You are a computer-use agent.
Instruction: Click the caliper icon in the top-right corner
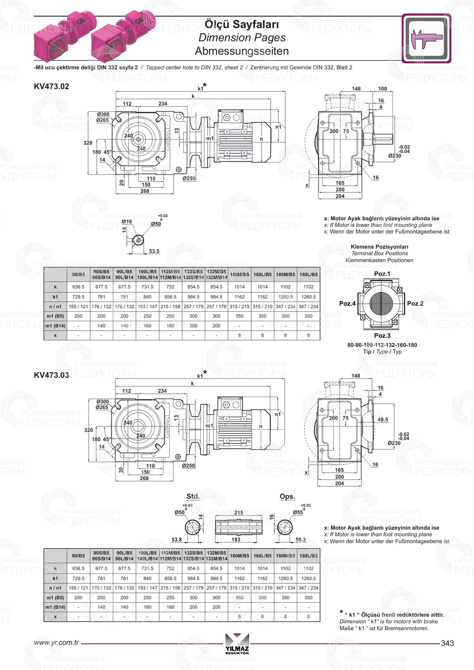pyautogui.click(x=426, y=38)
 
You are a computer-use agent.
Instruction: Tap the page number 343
pyautogui.click(x=447, y=643)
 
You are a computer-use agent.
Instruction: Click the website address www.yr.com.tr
pyautogui.click(x=56, y=643)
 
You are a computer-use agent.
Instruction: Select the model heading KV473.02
pyautogui.click(x=52, y=86)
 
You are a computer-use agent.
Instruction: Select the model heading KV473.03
pyautogui.click(x=52, y=375)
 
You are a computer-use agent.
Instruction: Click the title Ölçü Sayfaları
pyautogui.click(x=242, y=24)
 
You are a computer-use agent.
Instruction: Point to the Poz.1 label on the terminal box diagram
pyautogui.click(x=382, y=273)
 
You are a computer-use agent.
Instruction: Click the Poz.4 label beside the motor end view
pyautogui.click(x=347, y=303)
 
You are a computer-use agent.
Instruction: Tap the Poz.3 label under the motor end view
pyautogui.click(x=382, y=335)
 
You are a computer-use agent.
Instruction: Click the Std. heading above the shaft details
pyautogui.click(x=192, y=496)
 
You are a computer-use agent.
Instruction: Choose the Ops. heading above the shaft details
pyautogui.click(x=287, y=496)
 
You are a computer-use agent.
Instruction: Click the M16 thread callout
pyautogui.click(x=127, y=221)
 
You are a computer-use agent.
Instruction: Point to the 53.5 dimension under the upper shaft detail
pyautogui.click(x=154, y=251)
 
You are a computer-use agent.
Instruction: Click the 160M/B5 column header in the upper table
pyautogui.click(x=239, y=274)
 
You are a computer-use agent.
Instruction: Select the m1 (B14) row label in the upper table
pyautogui.click(x=55, y=326)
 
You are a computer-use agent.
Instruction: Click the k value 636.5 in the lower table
pyautogui.click(x=78, y=568)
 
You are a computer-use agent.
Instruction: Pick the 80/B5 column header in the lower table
pyautogui.click(x=78, y=556)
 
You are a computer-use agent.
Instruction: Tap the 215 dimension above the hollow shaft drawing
pyautogui.click(x=239, y=512)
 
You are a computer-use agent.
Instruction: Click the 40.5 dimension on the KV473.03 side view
pyautogui.click(x=383, y=419)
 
